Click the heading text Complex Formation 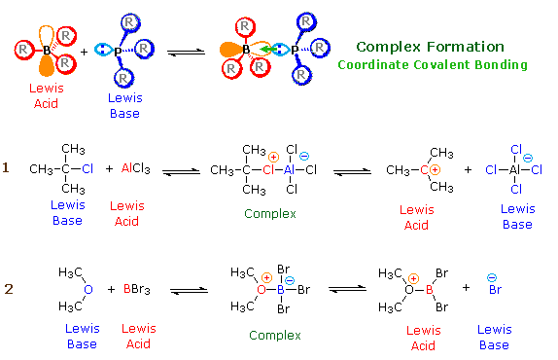point(430,47)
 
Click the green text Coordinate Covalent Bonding point(432,65)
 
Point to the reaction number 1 point(6,168)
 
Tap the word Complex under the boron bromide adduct point(275,335)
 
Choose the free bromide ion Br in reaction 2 point(494,289)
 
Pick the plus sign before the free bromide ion point(465,288)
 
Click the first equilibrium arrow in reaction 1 point(182,169)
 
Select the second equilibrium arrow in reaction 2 point(346,289)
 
